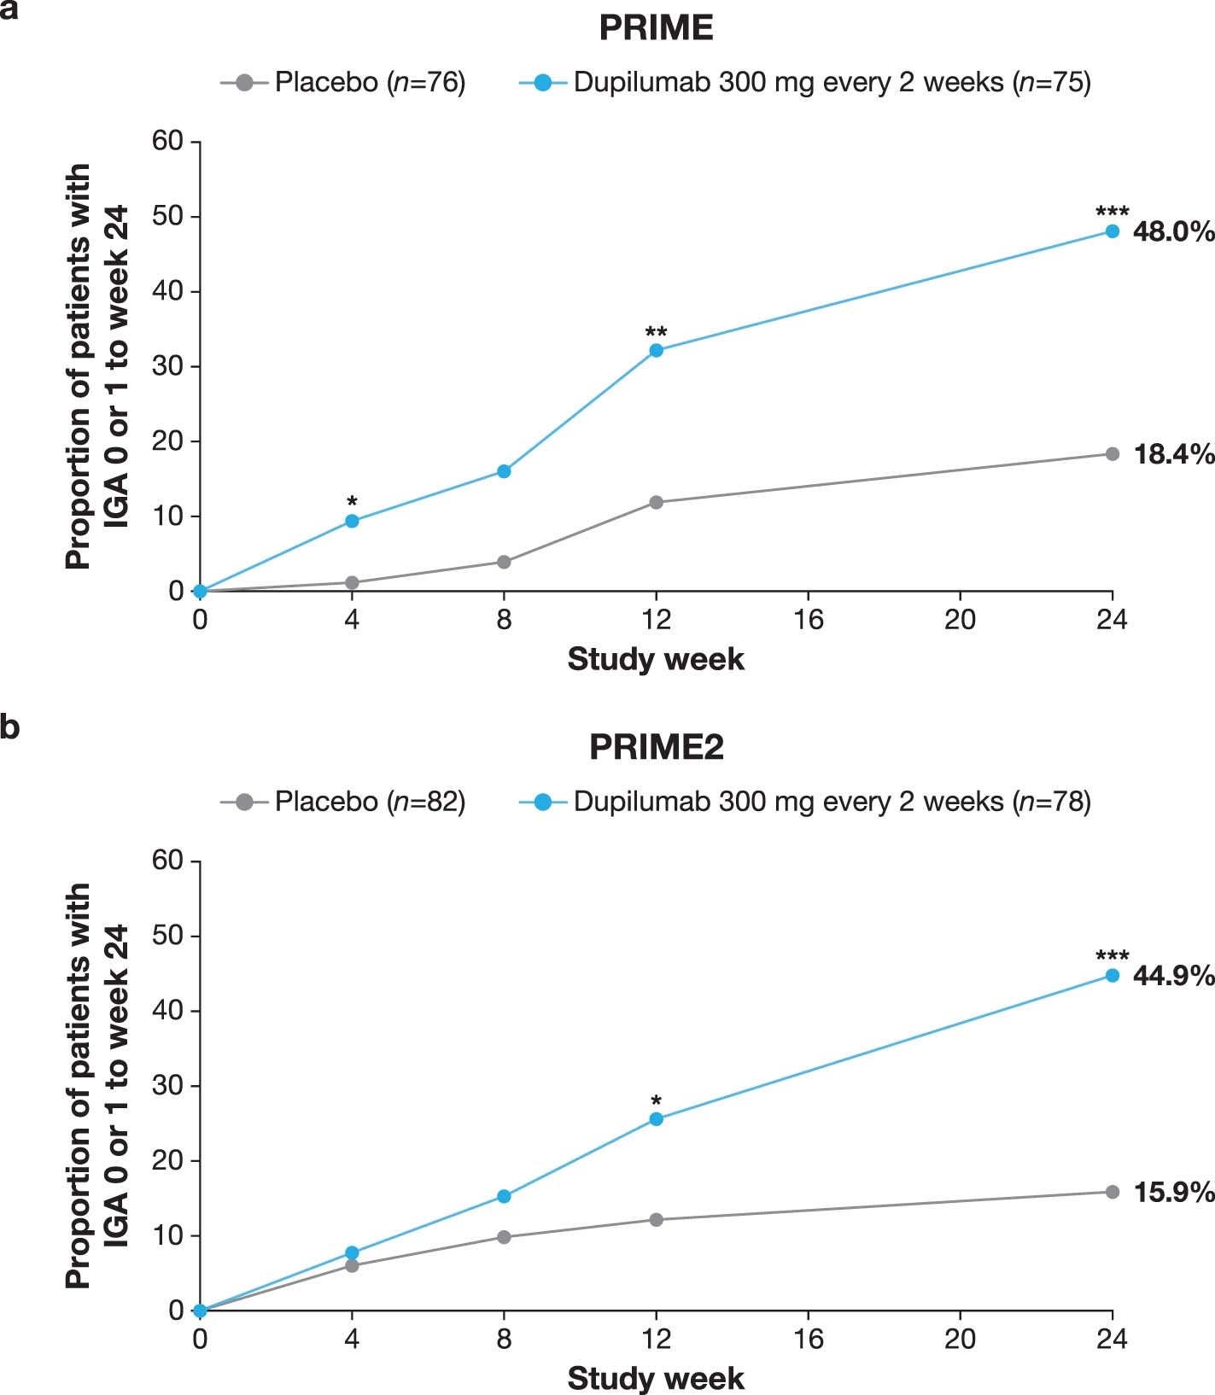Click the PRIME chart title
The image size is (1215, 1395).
tap(656, 28)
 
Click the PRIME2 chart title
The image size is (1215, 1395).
tap(656, 748)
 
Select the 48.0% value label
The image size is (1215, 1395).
tap(1173, 231)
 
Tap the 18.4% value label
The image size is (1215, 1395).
tap(1173, 454)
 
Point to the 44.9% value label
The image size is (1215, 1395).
tap(1173, 975)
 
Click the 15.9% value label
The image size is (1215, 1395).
tap(1173, 1192)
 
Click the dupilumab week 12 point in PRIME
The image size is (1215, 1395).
tap(656, 350)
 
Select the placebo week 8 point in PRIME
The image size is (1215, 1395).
tap(504, 562)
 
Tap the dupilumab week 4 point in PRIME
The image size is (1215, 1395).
tap(352, 521)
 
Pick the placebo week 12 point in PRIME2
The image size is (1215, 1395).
tap(656, 1220)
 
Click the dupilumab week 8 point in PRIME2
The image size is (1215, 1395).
tap(504, 1196)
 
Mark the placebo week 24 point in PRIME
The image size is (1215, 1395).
tap(1112, 454)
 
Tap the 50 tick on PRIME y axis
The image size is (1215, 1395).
tap(168, 216)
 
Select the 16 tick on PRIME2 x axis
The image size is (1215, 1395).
tap(808, 1339)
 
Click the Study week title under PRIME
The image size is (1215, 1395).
tap(656, 660)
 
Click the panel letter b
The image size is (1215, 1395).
tap(10, 728)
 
